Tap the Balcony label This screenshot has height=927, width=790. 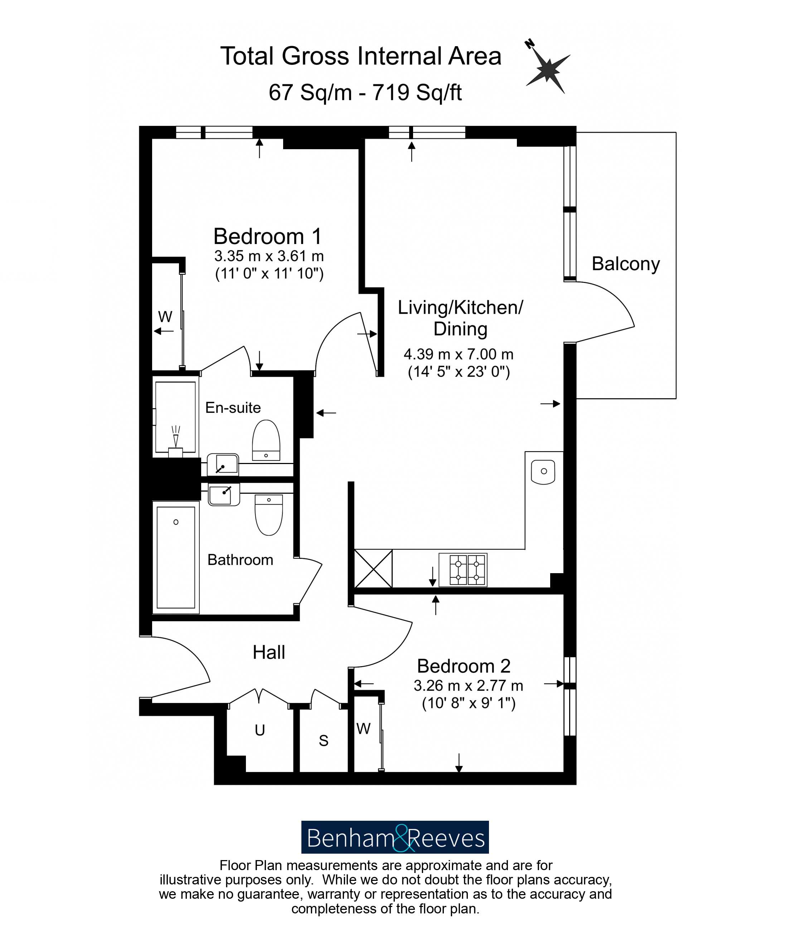625,264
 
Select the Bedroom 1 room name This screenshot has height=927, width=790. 267,236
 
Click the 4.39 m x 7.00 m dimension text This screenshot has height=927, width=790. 458,354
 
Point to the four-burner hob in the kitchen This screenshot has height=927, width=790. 462,570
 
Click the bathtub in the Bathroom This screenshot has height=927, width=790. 175,557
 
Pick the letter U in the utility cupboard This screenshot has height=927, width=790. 260,730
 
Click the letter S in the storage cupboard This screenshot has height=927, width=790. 323,741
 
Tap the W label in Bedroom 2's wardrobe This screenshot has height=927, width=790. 363,729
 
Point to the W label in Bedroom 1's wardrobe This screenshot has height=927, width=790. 165,317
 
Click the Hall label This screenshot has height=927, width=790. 268,652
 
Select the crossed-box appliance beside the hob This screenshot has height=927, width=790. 373,568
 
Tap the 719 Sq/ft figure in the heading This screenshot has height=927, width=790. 417,93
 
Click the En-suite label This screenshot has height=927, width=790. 233,408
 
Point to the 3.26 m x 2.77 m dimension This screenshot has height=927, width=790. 468,686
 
